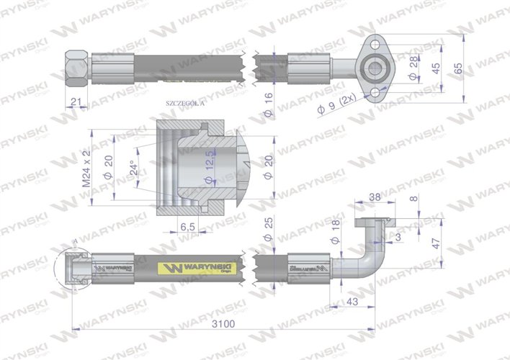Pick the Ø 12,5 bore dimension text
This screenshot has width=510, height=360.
(210, 166)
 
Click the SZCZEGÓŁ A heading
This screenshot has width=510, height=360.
(185, 104)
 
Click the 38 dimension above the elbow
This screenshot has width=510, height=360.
(375, 195)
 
